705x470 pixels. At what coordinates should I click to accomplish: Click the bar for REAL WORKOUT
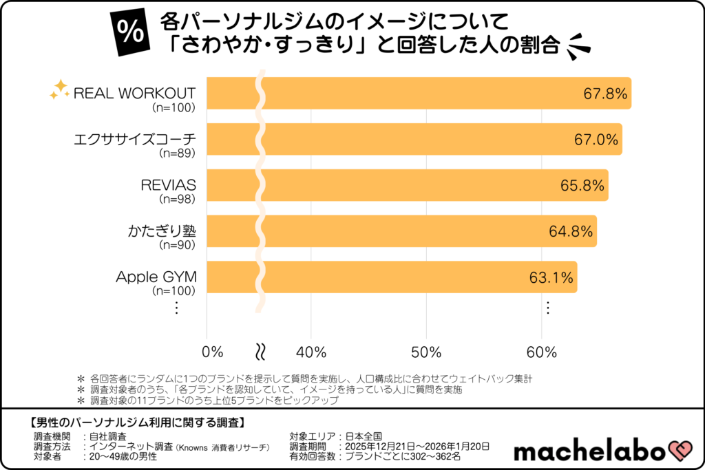pos(441,94)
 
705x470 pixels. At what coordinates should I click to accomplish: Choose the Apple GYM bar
pos(413,277)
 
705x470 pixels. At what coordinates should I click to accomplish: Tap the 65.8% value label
pos(582,186)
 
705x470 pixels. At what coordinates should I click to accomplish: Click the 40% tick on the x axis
pos(311,352)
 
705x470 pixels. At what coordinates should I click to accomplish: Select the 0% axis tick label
pos(213,352)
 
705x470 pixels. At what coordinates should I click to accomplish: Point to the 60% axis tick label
pos(541,352)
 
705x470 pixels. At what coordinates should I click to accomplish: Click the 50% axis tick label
pos(425,352)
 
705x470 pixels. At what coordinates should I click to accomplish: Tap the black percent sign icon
pos(129,35)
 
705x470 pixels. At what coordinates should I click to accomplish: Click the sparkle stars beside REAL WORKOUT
pos(60,89)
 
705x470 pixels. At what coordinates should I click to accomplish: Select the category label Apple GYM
pos(156,277)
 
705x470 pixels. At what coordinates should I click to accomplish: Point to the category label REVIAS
pos(169,185)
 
